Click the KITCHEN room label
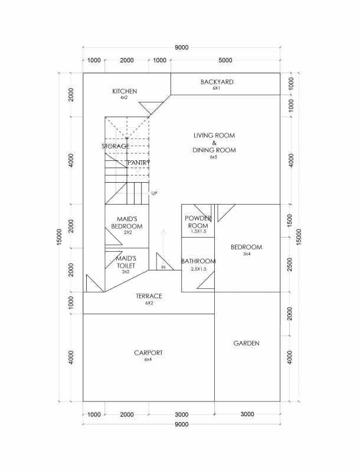click(x=125, y=91)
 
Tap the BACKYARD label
click(x=217, y=82)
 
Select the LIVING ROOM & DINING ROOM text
click(x=214, y=143)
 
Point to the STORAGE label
click(x=115, y=146)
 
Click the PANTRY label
click(x=139, y=162)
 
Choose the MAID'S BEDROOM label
click(x=127, y=223)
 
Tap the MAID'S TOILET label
click(x=126, y=262)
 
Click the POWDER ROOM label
click(x=198, y=222)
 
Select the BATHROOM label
click(x=198, y=261)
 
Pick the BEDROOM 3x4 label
click(x=247, y=248)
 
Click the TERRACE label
click(x=149, y=297)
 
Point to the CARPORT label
click(x=148, y=353)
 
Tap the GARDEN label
click(x=247, y=343)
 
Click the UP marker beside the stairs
click(x=154, y=193)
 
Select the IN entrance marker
click(x=163, y=268)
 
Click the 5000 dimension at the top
click(x=225, y=60)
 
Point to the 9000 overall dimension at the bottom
click(x=181, y=424)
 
